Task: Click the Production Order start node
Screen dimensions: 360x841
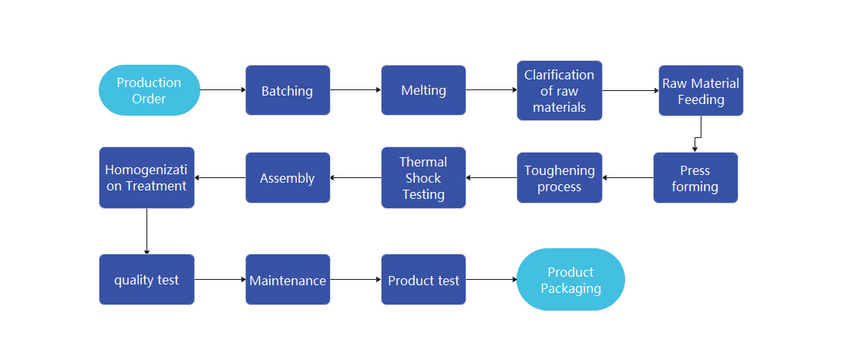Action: click(x=149, y=90)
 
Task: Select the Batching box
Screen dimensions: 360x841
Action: click(x=288, y=90)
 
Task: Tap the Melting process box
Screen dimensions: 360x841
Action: click(x=423, y=90)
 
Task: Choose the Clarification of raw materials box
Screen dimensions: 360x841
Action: click(x=559, y=90)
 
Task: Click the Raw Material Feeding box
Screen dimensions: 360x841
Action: click(x=701, y=90)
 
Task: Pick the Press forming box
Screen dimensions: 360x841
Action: click(x=695, y=178)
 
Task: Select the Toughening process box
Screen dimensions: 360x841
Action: click(x=559, y=178)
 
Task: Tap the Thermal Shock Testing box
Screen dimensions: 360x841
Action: click(x=423, y=178)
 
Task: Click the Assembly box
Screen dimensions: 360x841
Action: click(x=288, y=178)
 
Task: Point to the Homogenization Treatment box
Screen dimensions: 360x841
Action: click(x=146, y=178)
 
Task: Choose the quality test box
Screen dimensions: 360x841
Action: click(x=146, y=280)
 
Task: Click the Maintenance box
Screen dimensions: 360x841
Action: click(x=288, y=280)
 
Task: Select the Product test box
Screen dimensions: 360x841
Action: click(x=423, y=280)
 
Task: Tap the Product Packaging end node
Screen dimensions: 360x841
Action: click(x=570, y=280)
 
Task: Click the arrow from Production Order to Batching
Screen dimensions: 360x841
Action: click(x=223, y=90)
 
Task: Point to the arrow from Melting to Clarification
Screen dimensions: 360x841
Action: click(x=491, y=90)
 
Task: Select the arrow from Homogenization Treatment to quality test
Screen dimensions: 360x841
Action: click(x=146, y=231)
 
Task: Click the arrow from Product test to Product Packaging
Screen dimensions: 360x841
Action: click(x=491, y=280)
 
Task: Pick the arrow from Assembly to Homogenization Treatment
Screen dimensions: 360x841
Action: click(x=220, y=178)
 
